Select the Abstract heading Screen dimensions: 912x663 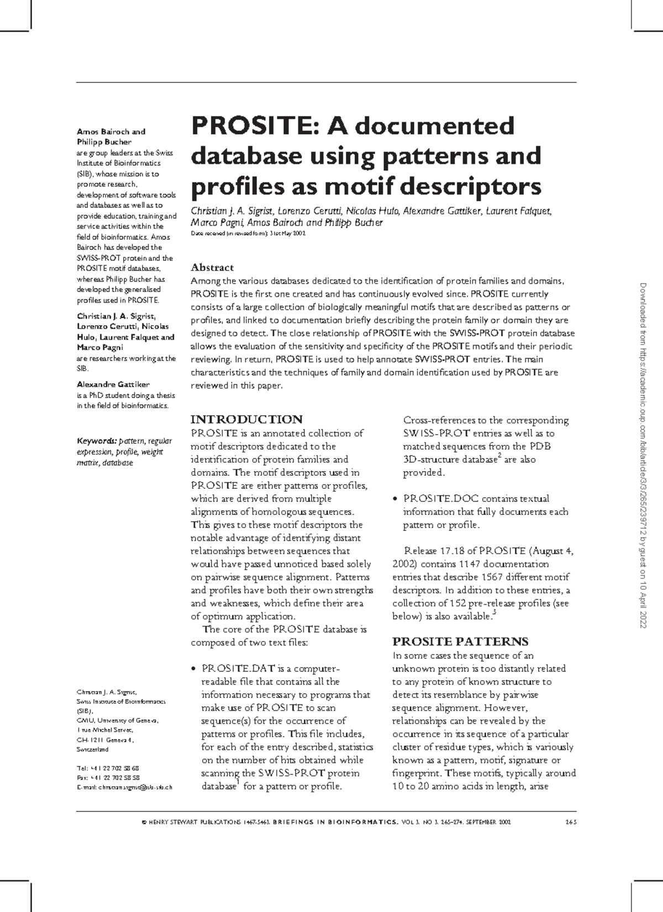coord(212,268)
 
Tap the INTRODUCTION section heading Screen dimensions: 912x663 coord(246,419)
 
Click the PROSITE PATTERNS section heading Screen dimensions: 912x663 coord(460,642)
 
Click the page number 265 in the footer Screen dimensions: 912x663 coord(571,822)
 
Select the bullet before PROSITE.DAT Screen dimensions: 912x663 coord(193,669)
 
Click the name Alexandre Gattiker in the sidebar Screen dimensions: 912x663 coord(113,384)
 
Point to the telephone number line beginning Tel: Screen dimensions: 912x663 coord(108,768)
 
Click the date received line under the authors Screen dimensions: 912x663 coord(248,234)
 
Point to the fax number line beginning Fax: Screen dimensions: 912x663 coord(108,777)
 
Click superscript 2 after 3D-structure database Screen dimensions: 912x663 coord(499,456)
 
